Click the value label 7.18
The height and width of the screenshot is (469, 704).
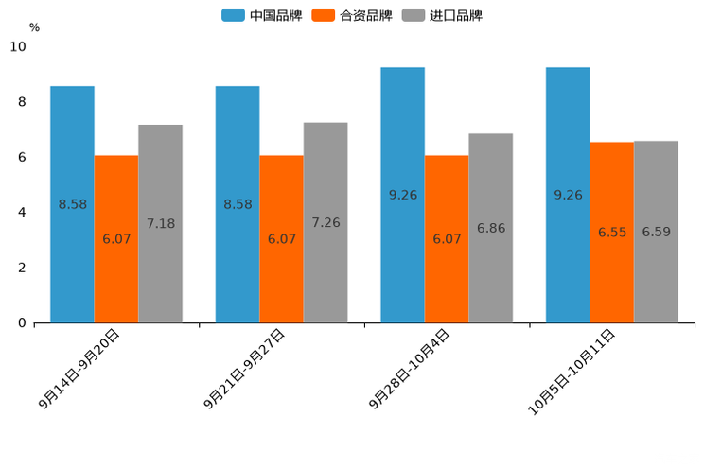click(161, 224)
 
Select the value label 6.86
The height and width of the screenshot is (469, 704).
click(491, 229)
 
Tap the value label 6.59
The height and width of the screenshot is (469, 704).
click(656, 232)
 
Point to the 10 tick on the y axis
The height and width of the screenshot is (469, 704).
click(18, 47)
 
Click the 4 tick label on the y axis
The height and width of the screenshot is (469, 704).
click(22, 213)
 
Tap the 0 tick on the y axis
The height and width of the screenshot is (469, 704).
click(22, 323)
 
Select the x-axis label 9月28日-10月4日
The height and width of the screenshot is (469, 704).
click(410, 369)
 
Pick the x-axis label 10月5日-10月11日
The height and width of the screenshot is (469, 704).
click(572, 371)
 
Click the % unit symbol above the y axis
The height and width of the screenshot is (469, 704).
click(34, 27)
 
